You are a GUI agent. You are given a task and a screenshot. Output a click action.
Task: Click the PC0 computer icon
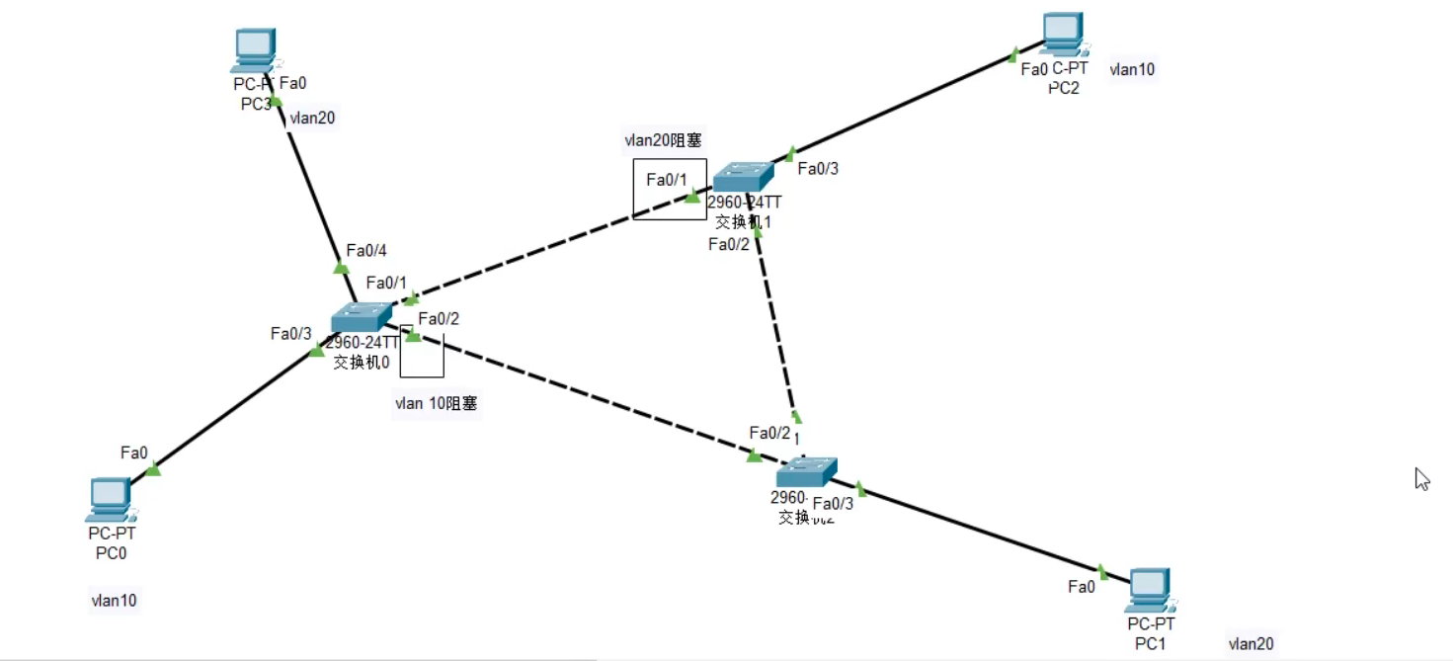click(110, 499)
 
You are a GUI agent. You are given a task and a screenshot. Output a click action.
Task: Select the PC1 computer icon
click(1150, 590)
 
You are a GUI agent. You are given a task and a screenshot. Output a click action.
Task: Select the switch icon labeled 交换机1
click(744, 177)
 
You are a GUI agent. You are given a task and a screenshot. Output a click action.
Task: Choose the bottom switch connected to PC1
click(806, 471)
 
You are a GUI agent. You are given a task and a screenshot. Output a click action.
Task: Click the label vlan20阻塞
click(664, 139)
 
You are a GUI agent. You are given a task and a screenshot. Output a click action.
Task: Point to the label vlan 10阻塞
click(436, 403)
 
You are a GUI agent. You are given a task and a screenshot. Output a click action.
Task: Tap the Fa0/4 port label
click(365, 250)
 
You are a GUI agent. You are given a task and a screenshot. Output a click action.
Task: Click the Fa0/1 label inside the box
click(666, 179)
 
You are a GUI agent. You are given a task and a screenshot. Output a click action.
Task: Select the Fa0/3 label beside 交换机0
click(290, 333)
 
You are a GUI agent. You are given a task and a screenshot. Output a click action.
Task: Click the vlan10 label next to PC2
click(1132, 69)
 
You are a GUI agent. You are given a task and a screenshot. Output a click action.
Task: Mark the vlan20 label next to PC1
click(1251, 644)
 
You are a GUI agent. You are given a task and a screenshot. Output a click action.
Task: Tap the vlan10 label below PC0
click(114, 600)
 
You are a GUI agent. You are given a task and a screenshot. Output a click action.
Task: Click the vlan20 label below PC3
click(311, 118)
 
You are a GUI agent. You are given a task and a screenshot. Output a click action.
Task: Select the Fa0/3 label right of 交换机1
click(818, 168)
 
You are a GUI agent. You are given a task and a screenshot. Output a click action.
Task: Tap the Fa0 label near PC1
click(1082, 587)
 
